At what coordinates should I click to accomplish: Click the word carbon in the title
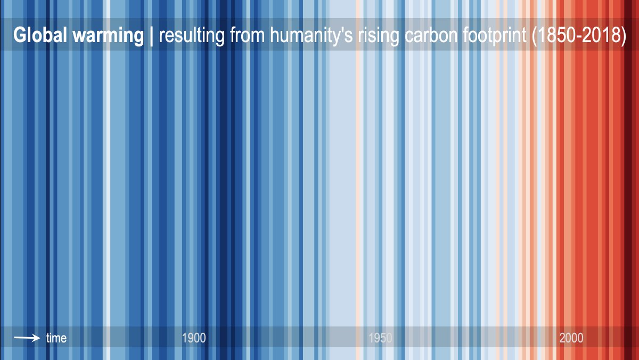click(x=433, y=36)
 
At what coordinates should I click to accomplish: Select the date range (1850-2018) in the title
click(x=578, y=36)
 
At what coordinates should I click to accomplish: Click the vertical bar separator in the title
click(x=152, y=36)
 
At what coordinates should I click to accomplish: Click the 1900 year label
click(x=194, y=338)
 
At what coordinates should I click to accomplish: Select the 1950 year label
click(x=380, y=338)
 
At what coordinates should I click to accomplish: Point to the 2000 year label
click(x=571, y=338)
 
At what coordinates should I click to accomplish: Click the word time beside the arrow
click(x=56, y=338)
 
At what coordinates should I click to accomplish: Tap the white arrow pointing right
click(x=27, y=338)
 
